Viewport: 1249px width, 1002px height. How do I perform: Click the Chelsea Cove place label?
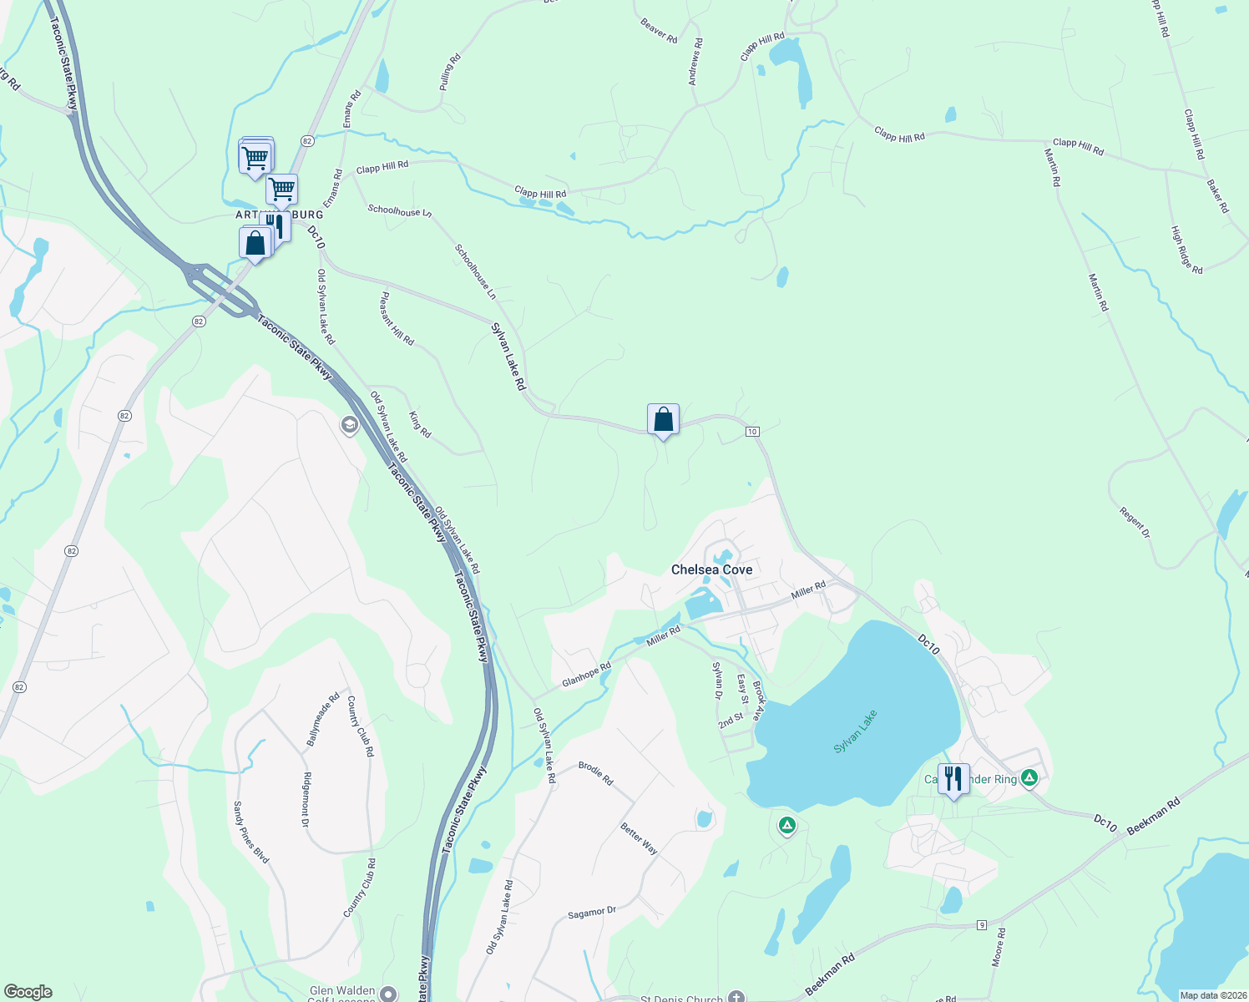711,569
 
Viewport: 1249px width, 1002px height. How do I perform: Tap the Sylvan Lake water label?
856,732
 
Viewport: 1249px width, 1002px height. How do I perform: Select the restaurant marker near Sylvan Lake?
953,778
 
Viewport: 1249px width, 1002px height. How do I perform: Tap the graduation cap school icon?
349,426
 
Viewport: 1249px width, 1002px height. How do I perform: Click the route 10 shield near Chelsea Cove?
752,432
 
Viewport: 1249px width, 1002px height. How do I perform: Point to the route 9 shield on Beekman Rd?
982,925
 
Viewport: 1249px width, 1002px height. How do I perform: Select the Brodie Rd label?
596,773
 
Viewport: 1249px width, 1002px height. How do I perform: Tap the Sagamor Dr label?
591,913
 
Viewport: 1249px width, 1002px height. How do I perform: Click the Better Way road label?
639,838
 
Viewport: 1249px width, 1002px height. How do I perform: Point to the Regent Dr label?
1135,522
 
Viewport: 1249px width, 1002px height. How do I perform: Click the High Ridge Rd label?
1186,250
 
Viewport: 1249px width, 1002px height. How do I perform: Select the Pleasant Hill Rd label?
397,318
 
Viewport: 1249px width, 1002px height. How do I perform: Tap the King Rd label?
420,424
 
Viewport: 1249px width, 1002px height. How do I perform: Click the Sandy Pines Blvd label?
250,832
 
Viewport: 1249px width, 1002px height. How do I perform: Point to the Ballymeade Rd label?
323,719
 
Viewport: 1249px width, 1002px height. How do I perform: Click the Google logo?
28,992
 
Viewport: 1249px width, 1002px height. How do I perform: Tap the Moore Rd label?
999,947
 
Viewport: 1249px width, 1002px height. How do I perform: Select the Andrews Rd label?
695,63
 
